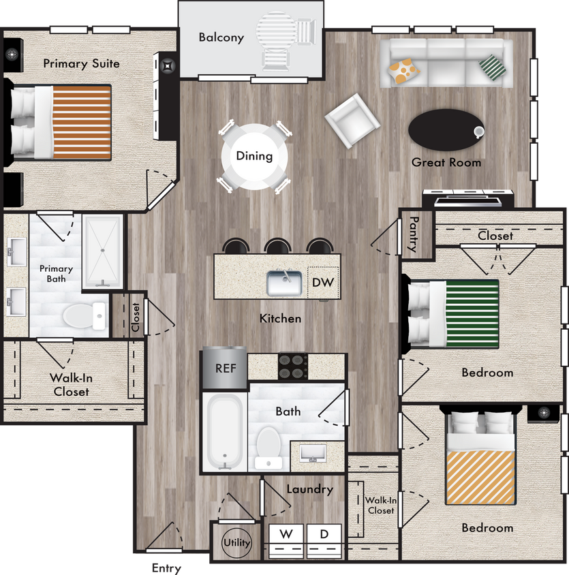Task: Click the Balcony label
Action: point(221,37)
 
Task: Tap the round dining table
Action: point(254,156)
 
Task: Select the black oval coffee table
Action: point(445,129)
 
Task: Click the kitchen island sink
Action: point(284,283)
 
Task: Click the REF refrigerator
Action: point(225,368)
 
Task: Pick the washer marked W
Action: point(286,535)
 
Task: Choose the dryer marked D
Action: point(324,535)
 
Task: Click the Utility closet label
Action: point(236,543)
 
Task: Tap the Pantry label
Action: point(413,233)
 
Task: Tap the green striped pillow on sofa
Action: point(493,67)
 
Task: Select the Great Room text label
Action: point(446,163)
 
